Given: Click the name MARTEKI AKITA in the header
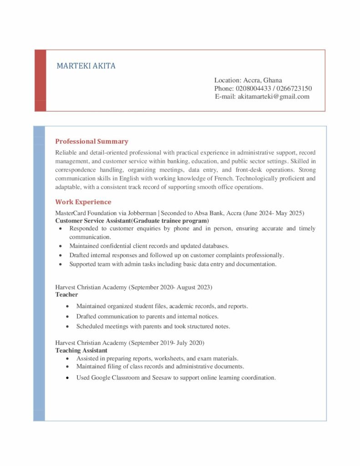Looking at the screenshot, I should (x=86, y=66).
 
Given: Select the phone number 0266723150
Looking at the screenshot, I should (x=294, y=88).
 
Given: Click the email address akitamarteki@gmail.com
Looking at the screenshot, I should (x=273, y=96).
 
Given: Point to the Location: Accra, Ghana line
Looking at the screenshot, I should (x=248, y=80).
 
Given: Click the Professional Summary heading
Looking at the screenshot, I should (x=91, y=141).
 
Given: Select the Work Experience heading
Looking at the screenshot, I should (x=83, y=202).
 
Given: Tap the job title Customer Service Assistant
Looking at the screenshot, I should (x=93, y=220).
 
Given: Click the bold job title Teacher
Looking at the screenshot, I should (x=66, y=294).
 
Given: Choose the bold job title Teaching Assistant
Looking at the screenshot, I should (x=81, y=350).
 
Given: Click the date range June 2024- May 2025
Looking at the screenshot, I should (x=274, y=213).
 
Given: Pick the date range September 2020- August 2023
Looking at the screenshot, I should (x=172, y=287).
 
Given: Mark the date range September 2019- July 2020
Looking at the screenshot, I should (x=167, y=343).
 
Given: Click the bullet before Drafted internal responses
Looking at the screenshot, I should (x=61, y=255).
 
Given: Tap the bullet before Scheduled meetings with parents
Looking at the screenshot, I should (x=67, y=326).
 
